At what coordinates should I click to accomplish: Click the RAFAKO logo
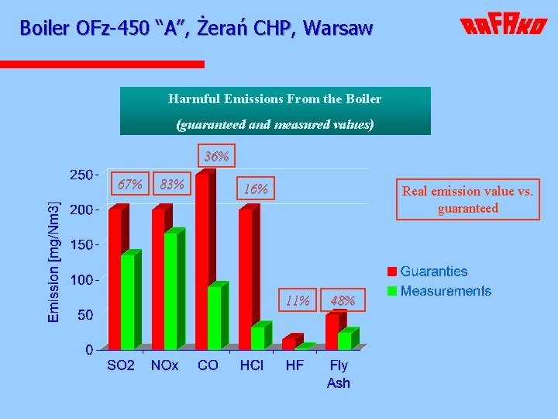click(504, 26)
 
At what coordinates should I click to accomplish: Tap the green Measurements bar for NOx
click(171, 290)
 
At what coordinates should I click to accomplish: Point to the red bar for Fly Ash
click(332, 331)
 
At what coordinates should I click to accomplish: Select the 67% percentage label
click(129, 185)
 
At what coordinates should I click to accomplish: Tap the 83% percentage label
click(171, 185)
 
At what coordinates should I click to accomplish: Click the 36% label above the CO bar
click(216, 157)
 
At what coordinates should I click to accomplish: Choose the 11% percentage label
click(298, 300)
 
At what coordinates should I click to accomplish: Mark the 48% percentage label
click(343, 300)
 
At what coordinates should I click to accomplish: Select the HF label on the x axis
click(294, 365)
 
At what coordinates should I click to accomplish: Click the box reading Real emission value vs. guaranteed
click(467, 199)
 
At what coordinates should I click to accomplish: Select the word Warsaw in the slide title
click(338, 28)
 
